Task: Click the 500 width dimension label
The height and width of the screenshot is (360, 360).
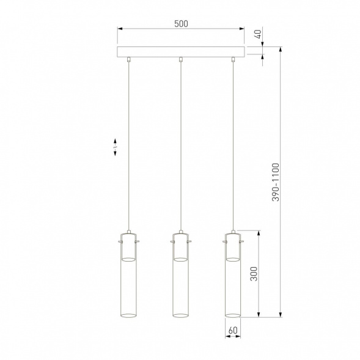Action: (x=180, y=24)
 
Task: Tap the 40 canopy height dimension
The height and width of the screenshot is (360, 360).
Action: (x=258, y=35)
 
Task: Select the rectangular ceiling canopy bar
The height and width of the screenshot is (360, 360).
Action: (x=180, y=51)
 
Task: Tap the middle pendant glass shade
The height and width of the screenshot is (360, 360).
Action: (x=180, y=281)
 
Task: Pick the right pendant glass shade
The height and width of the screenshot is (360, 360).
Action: (x=232, y=281)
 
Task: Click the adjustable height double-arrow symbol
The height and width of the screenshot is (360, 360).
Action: (x=116, y=147)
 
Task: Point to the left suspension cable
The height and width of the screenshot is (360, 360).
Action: (x=128, y=147)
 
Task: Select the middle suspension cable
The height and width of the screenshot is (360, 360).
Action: (x=180, y=147)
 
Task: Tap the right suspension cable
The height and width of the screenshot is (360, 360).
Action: (x=232, y=147)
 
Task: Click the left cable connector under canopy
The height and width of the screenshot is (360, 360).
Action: (x=128, y=59)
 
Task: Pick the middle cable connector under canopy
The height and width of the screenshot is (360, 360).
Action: (x=180, y=59)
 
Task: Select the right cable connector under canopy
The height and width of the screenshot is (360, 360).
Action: (x=232, y=59)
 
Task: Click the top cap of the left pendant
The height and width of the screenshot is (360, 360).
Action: (x=128, y=234)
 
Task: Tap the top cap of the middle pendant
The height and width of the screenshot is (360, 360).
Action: (x=180, y=234)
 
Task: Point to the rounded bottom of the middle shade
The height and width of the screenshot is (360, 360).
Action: (x=180, y=315)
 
